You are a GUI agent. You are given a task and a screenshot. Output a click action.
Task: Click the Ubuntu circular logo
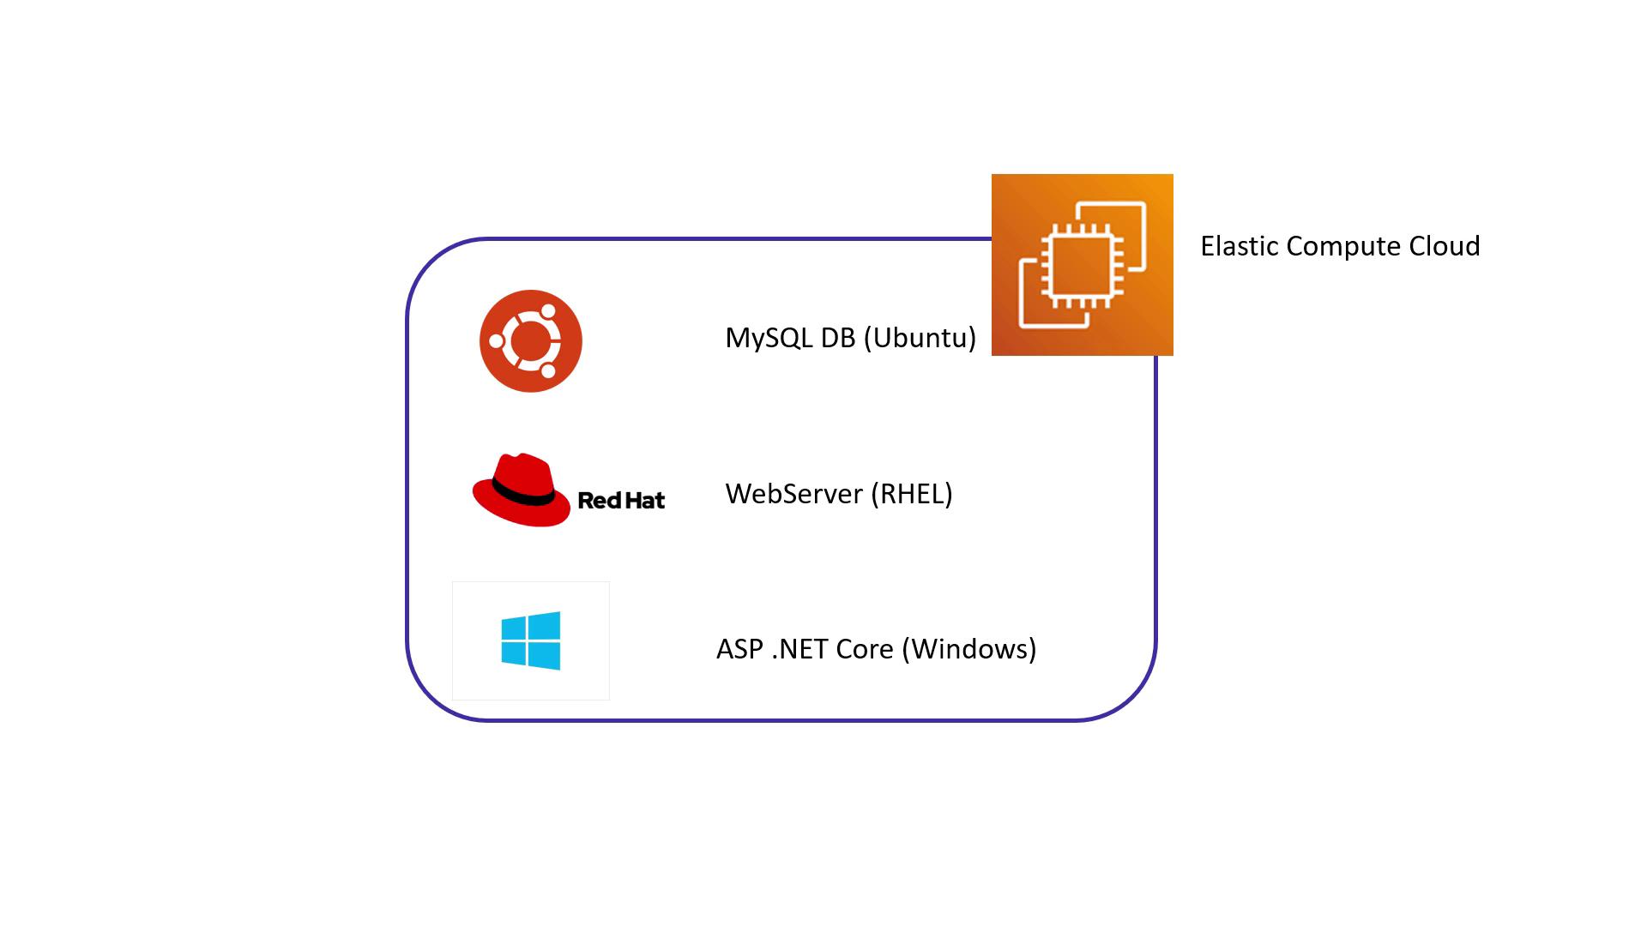(530, 341)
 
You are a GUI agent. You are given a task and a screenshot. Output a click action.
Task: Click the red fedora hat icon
(521, 490)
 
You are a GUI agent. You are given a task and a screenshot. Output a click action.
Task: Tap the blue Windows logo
(531, 640)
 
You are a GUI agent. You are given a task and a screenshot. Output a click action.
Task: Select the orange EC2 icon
(1082, 264)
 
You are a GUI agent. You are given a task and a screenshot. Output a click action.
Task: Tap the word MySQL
(769, 338)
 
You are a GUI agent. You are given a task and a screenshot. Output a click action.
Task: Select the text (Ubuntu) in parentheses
(920, 338)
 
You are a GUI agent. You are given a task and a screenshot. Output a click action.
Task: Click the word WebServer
(793, 494)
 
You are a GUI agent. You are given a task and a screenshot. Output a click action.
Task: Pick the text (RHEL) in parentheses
(911, 494)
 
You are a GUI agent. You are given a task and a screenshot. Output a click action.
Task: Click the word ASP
(739, 649)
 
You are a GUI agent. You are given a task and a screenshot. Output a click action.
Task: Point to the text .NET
(799, 649)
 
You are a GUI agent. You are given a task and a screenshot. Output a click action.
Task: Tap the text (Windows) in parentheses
(969, 649)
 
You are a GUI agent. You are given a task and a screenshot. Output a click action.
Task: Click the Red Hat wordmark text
(621, 501)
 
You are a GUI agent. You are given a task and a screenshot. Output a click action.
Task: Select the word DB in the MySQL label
(838, 338)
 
